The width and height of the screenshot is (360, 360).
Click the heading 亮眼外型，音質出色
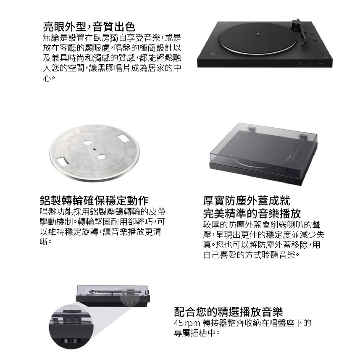point(89,26)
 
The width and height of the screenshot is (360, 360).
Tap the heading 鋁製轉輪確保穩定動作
point(94,200)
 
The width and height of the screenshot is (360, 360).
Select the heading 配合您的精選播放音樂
point(229,312)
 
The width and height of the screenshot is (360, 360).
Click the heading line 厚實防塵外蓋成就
point(247,200)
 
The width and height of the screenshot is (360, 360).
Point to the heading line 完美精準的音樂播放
point(252,213)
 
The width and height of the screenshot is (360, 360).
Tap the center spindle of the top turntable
point(258,35)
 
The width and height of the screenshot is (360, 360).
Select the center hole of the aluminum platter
point(94,149)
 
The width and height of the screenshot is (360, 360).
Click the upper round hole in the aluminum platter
point(87,142)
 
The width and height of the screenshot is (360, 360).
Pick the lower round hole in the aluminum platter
point(101,157)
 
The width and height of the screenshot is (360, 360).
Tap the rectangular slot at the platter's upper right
point(124,138)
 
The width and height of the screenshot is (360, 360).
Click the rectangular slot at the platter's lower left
point(61,161)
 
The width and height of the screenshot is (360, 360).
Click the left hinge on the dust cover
point(252,129)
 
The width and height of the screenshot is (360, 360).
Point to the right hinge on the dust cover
point(304,137)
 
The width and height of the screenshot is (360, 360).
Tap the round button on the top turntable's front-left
point(213,54)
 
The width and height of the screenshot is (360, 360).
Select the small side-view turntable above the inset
point(113,296)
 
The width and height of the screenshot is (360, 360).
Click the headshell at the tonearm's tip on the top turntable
point(303,45)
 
